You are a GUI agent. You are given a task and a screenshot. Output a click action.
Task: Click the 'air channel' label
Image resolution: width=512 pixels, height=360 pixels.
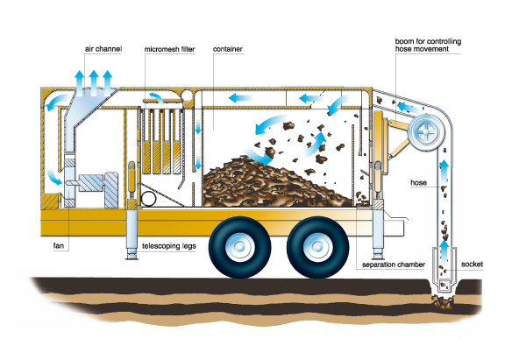pos(103,49)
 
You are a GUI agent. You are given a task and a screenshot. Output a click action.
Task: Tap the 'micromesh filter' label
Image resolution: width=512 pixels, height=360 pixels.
pos(169,49)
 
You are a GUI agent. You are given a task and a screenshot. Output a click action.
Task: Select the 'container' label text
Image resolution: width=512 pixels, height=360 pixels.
pos(228,49)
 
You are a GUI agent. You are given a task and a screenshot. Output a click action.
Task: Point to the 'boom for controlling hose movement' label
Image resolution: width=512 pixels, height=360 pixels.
pos(428,45)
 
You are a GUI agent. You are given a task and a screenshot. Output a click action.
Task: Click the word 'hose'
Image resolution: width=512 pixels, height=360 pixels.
pos(418,182)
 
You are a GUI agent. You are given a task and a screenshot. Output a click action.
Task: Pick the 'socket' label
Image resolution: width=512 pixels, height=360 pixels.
pos(472,265)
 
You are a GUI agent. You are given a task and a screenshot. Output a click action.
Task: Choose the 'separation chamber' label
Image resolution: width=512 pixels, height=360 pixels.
pos(394,265)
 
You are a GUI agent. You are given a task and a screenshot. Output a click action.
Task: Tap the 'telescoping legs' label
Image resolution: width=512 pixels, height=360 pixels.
pos(169,246)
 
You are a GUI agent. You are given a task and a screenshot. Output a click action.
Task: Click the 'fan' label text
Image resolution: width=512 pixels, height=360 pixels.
pos(59,245)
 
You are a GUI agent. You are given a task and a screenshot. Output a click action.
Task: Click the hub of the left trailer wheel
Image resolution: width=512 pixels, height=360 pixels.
pos(239,247)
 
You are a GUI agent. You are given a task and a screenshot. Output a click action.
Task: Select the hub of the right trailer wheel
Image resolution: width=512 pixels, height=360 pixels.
pos(317,247)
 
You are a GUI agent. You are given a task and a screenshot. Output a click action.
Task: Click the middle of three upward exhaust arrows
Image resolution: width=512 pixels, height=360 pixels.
pos(94,82)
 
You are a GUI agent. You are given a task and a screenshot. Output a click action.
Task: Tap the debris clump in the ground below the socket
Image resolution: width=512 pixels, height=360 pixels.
pos(443,302)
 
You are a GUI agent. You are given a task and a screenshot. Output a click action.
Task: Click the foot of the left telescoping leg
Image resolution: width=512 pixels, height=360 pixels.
pos(132,257)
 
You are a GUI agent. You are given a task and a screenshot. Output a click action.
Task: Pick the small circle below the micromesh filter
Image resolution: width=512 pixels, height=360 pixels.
pos(148,199)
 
